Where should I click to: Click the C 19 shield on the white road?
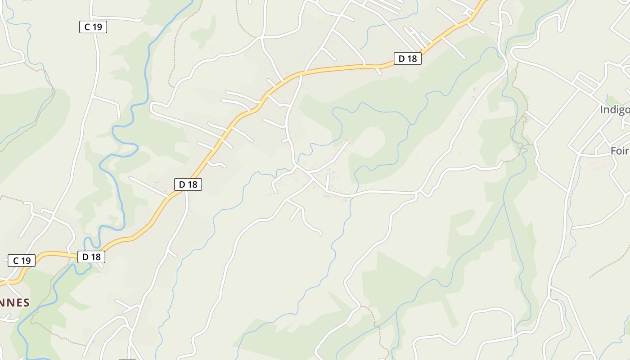click(x=93, y=27)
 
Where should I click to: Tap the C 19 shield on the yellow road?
click(x=22, y=260)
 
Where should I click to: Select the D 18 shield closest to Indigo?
click(x=407, y=58)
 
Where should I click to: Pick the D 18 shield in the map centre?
click(x=188, y=184)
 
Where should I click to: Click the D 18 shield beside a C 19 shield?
click(x=91, y=256)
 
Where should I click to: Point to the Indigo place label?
click(x=615, y=109)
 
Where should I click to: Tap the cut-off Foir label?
click(x=620, y=151)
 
